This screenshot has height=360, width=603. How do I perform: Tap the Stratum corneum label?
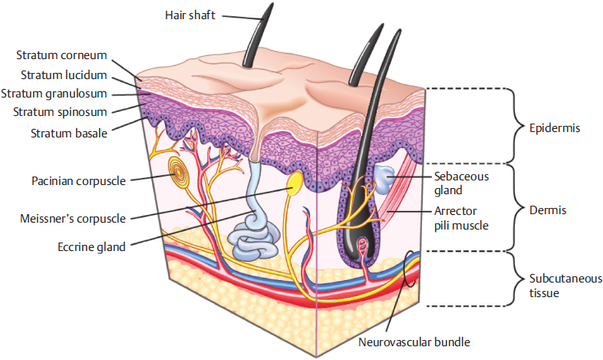point(62,55)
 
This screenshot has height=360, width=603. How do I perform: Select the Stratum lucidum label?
point(64,74)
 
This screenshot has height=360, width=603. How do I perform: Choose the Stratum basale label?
point(69,133)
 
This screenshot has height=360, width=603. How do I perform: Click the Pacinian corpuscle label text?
point(79,181)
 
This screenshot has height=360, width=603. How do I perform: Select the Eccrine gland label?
point(90,246)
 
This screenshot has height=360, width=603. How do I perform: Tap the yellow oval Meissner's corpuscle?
point(294,184)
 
